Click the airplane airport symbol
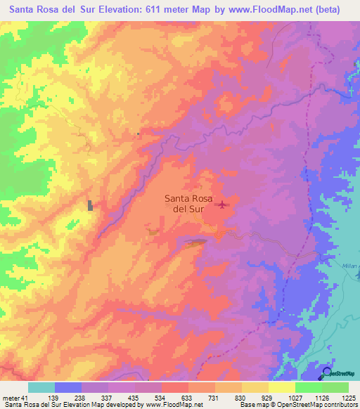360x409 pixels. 223,205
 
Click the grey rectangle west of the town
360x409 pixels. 90,205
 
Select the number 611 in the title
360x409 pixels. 152,10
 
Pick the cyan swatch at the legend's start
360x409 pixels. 41,387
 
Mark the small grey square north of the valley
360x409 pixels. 139,134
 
